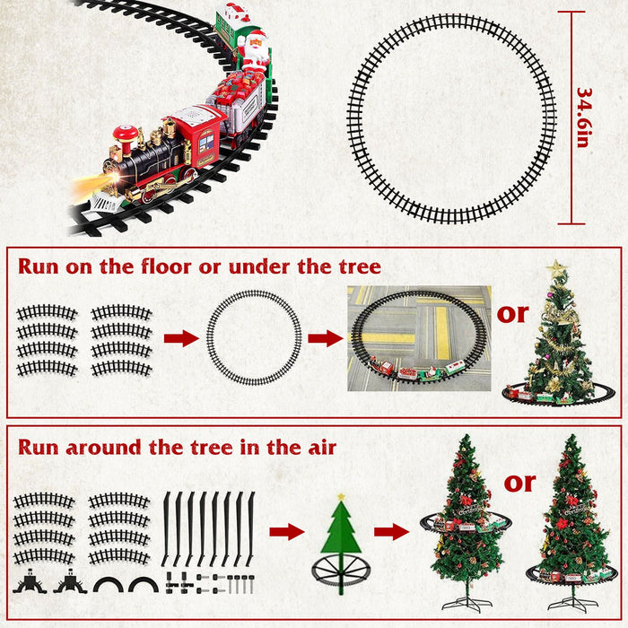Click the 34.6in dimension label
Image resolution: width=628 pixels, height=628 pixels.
(x=582, y=118)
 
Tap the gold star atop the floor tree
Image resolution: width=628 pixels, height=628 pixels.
(x=556, y=268)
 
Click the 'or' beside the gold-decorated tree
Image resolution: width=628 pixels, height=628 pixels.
(x=513, y=313)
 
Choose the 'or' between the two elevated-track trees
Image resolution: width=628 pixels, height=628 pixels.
(x=519, y=482)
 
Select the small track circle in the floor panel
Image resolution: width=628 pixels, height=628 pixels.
(x=254, y=337)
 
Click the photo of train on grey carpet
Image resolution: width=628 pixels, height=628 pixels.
(x=419, y=338)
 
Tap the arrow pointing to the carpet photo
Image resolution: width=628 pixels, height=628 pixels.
(x=326, y=338)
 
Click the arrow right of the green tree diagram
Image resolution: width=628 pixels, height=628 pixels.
(x=391, y=532)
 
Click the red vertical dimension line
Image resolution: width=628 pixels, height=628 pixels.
(x=571, y=118)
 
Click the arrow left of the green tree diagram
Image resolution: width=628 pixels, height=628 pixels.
(x=287, y=532)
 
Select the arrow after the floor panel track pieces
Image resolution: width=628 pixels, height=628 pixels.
(x=180, y=338)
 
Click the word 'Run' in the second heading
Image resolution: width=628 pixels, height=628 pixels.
(x=41, y=447)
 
